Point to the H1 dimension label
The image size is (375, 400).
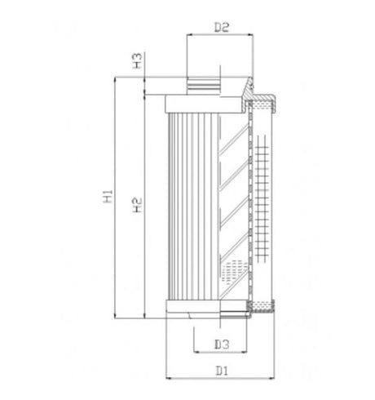click(x=108, y=198)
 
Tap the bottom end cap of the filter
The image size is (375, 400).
click(x=204, y=309)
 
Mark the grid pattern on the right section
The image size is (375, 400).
click(x=262, y=196)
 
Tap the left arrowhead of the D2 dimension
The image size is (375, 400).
click(x=191, y=36)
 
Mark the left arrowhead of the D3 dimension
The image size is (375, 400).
click(x=196, y=353)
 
